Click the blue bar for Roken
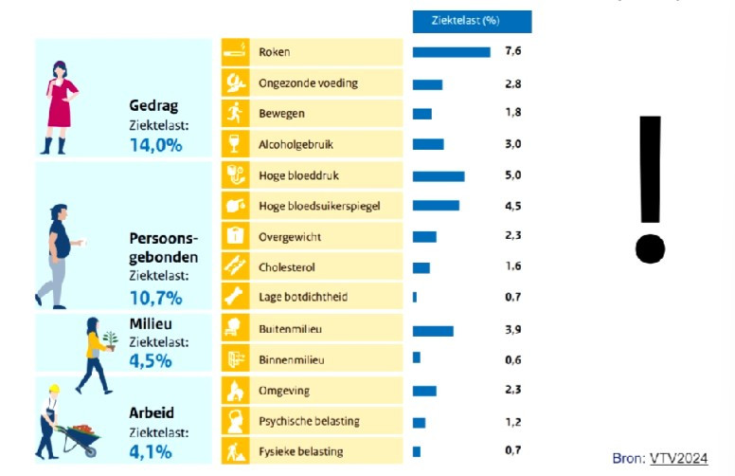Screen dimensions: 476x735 click(x=451, y=52)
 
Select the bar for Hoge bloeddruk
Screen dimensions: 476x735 click(x=439, y=175)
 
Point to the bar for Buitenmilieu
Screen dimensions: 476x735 click(x=433, y=330)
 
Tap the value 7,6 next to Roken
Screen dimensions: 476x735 click(x=514, y=52)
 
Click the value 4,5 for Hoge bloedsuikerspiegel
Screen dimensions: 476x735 click(x=514, y=206)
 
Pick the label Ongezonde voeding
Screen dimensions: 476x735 click(x=308, y=83)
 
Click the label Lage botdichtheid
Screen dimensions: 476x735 click(x=303, y=297)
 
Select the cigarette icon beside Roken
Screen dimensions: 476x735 click(x=235, y=52)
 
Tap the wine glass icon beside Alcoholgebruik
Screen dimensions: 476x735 click(x=235, y=144)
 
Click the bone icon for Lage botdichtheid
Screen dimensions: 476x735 click(x=235, y=297)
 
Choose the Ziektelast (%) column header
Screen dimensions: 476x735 click(x=472, y=20)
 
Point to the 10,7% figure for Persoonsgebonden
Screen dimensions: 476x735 click(x=156, y=298)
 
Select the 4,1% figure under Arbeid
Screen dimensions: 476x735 click(x=151, y=451)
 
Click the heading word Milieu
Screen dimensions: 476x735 click(x=149, y=323)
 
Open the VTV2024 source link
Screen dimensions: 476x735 click(x=678, y=458)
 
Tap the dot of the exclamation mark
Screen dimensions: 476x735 click(x=651, y=248)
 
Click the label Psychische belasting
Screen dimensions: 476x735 click(x=309, y=420)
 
